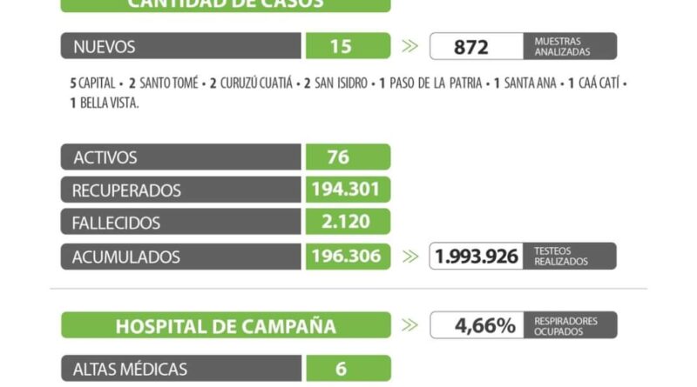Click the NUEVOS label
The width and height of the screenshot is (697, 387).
[105, 46]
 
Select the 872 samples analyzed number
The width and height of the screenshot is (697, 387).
[471, 47]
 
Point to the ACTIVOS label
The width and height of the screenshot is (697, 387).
[105, 157]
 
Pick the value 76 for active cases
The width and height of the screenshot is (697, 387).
[337, 157]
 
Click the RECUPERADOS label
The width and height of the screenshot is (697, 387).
[127, 190]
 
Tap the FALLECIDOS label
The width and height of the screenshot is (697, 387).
[117, 224]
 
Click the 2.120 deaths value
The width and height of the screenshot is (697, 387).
[346, 223]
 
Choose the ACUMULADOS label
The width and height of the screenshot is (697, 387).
[126, 257]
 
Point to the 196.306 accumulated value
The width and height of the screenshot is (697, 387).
[347, 257]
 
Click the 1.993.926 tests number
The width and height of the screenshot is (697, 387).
[476, 257]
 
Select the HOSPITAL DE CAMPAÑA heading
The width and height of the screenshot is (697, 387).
[226, 326]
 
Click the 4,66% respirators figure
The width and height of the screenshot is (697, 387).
[484, 326]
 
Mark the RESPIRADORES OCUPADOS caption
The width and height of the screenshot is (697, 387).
[566, 326]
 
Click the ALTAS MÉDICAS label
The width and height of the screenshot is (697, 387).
[130, 369]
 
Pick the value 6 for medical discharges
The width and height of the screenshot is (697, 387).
[341, 369]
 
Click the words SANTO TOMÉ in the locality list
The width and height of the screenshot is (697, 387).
[166, 85]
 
